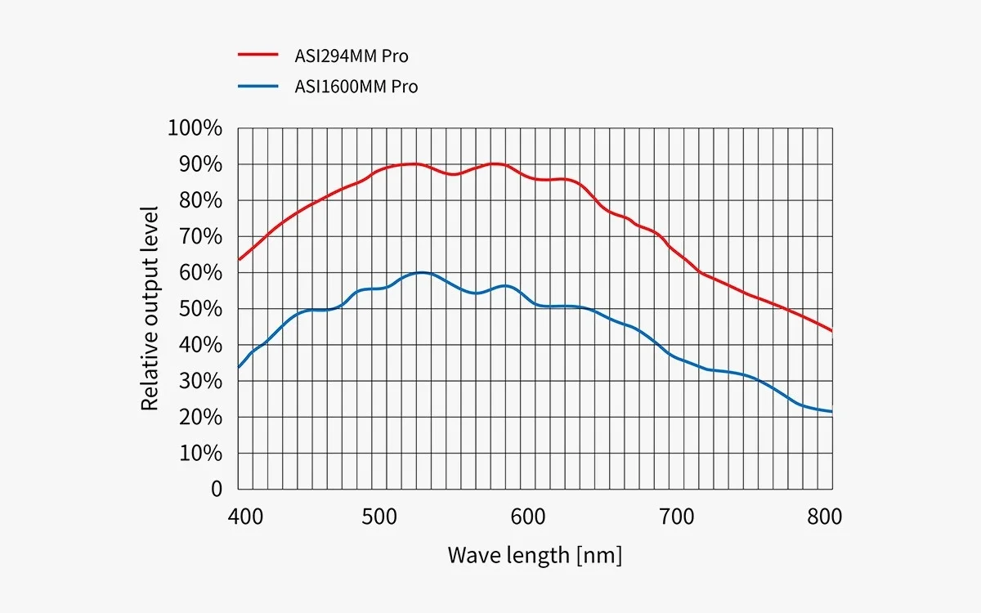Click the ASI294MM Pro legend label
click(x=352, y=56)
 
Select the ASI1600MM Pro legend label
click(x=356, y=86)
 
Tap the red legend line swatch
click(x=259, y=56)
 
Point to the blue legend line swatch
click(x=259, y=85)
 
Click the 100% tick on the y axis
click(x=195, y=128)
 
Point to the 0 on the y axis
click(x=216, y=489)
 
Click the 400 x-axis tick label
click(x=245, y=517)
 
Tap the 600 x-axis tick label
click(x=528, y=517)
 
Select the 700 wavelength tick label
click(x=676, y=517)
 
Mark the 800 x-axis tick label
click(x=825, y=517)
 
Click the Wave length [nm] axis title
click(x=535, y=556)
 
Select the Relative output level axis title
click(x=150, y=308)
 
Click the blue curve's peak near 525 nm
click(x=422, y=272)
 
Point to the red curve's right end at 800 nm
click(x=831, y=330)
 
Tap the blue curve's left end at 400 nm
click(x=239, y=367)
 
